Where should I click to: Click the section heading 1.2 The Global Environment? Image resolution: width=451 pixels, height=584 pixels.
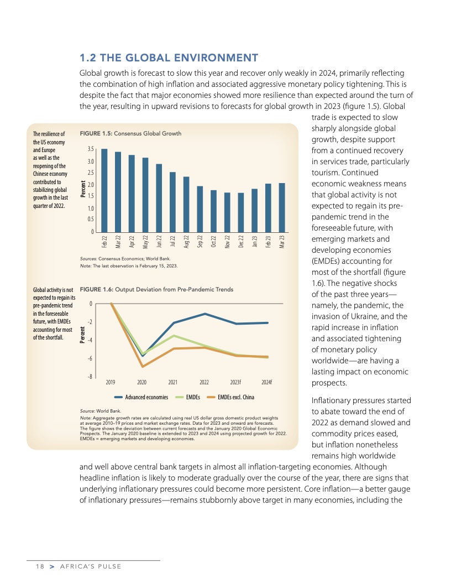point(169,58)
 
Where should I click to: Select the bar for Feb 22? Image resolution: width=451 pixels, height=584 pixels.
point(104,190)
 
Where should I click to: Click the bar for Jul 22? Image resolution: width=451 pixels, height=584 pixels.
point(172,202)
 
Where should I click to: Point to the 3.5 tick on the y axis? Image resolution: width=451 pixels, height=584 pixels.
point(91,149)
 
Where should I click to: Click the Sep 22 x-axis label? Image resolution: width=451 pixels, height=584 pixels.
point(200,241)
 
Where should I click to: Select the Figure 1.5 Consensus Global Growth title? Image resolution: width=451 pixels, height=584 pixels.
point(130,134)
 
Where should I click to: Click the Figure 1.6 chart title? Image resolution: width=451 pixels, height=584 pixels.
point(156,289)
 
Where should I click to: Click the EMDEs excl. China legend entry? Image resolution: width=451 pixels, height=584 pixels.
point(236,397)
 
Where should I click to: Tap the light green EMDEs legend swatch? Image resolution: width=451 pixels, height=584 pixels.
point(179,397)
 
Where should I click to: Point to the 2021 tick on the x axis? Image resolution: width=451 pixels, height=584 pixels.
point(173,382)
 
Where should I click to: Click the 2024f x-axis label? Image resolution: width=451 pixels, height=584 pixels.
point(267,382)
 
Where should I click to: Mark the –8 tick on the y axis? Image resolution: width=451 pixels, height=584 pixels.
point(90,377)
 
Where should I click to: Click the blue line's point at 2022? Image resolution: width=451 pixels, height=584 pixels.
point(205,314)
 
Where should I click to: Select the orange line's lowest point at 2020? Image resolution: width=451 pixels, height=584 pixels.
point(143,367)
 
